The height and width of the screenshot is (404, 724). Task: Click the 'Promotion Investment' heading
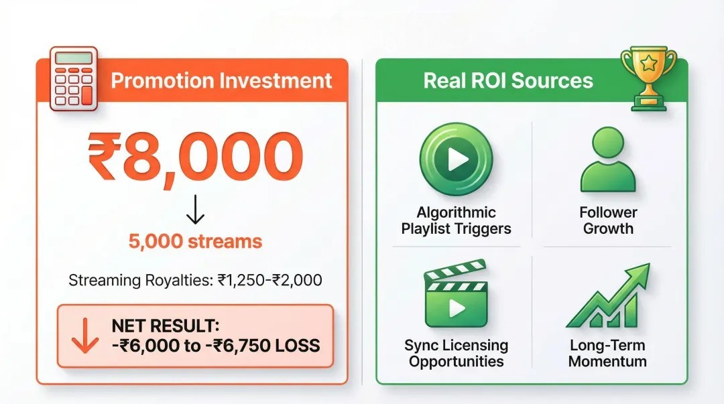[221, 81]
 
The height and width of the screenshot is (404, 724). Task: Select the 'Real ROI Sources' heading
[508, 81]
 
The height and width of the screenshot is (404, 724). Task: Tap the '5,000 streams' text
[195, 242]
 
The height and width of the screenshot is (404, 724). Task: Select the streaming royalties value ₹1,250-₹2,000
[269, 280]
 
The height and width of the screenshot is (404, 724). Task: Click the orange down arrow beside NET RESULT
[84, 336]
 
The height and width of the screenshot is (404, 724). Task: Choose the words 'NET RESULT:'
[166, 326]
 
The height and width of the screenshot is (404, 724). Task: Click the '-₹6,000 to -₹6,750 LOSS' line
[215, 346]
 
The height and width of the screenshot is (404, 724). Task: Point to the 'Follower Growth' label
[608, 220]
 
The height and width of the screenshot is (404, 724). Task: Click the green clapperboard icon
[456, 298]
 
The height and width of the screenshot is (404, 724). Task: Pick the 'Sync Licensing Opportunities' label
[456, 354]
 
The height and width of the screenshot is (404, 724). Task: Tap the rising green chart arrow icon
[608, 298]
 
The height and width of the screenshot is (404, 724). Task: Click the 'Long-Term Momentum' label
[608, 354]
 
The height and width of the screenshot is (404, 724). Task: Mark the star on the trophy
[648, 63]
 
